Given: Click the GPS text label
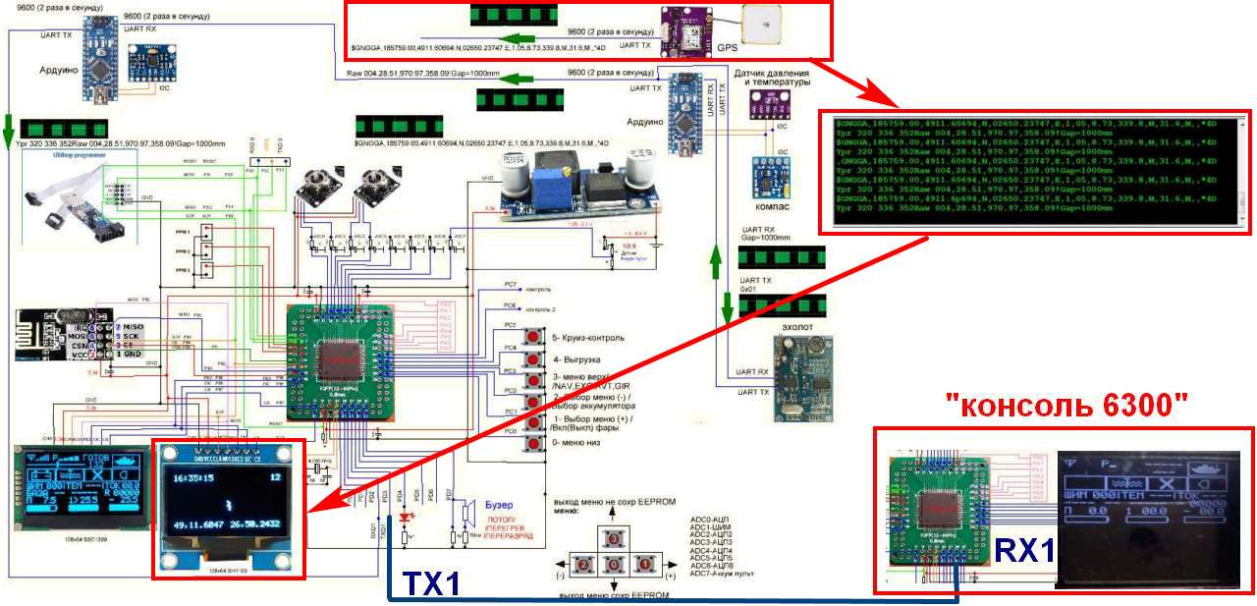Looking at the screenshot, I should [727, 46].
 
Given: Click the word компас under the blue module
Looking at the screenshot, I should [774, 209].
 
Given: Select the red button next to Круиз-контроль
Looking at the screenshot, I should [534, 338].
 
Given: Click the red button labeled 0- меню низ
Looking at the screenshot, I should [534, 443].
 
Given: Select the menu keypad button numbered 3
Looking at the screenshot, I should [614, 539].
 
